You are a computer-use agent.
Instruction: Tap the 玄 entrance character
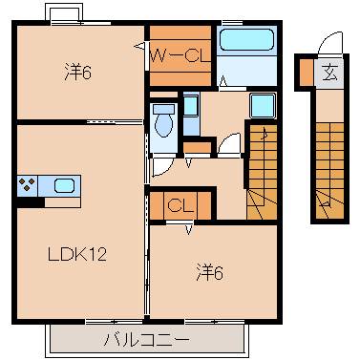pyautogui.click(x=328, y=73)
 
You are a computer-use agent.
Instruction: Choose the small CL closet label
pyautogui.click(x=179, y=205)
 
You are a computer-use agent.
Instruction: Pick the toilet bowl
pyautogui.click(x=162, y=122)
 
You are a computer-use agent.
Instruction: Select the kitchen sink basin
pyautogui.click(x=65, y=185)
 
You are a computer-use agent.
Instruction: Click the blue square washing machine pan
pyautogui.click(x=263, y=105)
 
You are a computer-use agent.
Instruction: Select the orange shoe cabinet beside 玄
pyautogui.click(x=305, y=73)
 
